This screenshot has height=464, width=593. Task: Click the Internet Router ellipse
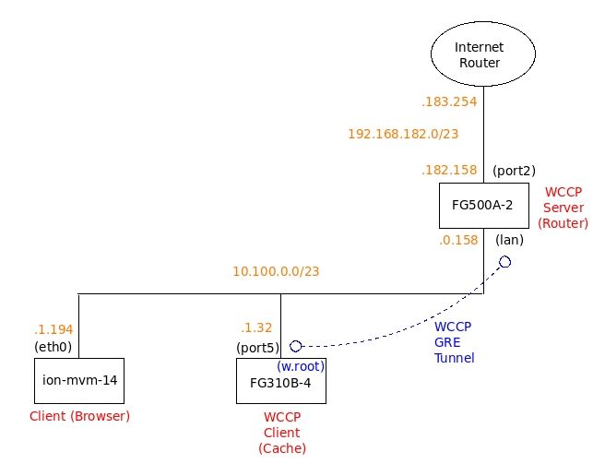point(479,54)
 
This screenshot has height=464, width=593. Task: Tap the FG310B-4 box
point(280,381)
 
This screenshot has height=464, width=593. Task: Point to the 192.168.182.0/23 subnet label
point(403,134)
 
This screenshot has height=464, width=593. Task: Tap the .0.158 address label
point(457,241)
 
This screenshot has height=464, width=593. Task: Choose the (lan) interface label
point(510,240)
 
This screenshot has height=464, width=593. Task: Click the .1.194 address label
point(53,329)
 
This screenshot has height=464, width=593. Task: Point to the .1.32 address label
point(257,328)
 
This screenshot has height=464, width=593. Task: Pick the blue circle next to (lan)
point(504,262)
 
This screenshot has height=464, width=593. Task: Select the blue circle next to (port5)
point(296,346)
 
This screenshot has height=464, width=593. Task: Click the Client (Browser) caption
point(80,416)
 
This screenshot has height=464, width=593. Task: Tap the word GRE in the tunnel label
point(447,341)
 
